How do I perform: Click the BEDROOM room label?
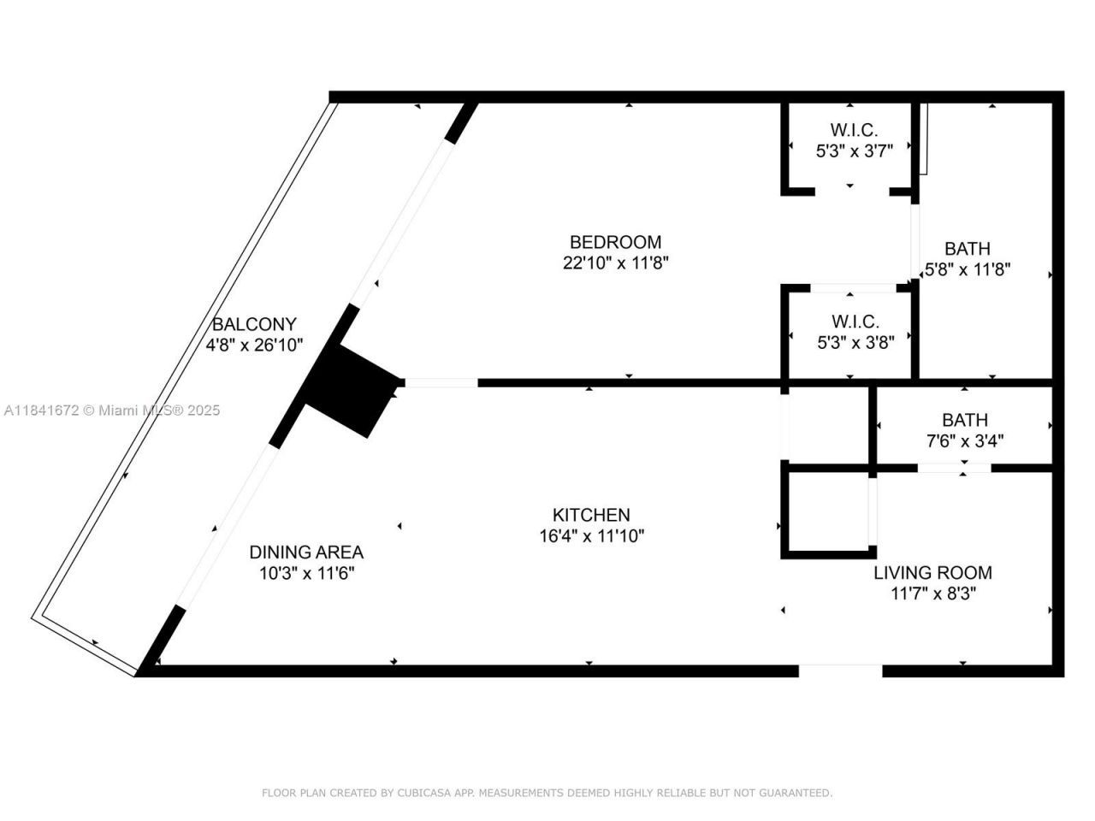coord(615,242)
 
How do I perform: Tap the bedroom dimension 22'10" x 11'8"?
coord(615,263)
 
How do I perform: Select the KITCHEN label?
coord(591,515)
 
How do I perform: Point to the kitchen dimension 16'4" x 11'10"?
coord(591,536)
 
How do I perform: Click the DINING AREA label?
coord(306,552)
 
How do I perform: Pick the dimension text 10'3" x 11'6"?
coord(306,573)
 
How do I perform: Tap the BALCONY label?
coord(254,324)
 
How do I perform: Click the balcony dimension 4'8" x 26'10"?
coord(254,345)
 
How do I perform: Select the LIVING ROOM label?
coord(932,573)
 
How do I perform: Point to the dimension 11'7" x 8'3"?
coord(932,594)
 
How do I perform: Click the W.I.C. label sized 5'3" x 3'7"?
coord(854,130)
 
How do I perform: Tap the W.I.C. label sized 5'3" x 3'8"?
coord(855,322)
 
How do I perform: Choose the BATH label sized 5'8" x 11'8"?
coord(968,249)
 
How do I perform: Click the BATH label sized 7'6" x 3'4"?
coord(965,420)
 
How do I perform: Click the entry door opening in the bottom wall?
coord(840,670)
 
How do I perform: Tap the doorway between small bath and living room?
coord(955,468)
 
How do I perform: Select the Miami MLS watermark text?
coord(111,410)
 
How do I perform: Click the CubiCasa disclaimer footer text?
coord(547,794)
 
